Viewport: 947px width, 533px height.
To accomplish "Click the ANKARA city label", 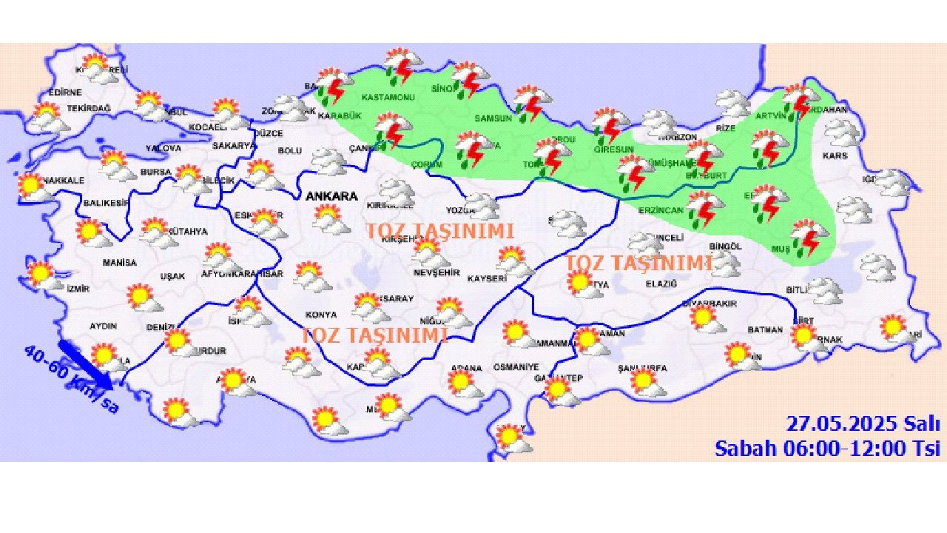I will click(x=331, y=197).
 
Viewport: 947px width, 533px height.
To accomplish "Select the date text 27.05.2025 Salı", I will click(x=863, y=424).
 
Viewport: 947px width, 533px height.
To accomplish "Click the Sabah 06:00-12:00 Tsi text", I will click(x=827, y=448).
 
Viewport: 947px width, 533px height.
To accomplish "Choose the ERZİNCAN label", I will click(x=661, y=210).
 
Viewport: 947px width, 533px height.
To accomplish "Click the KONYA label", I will click(x=320, y=315).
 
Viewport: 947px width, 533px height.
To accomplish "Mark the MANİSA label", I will click(x=119, y=262).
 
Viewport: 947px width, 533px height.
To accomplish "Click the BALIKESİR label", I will click(x=105, y=202).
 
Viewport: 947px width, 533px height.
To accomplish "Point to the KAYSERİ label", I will click(x=487, y=278).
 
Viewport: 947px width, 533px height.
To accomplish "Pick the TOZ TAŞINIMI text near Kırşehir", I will click(x=439, y=231).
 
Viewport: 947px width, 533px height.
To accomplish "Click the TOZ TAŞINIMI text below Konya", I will click(x=374, y=335).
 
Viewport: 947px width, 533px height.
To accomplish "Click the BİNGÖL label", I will click(x=724, y=246).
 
